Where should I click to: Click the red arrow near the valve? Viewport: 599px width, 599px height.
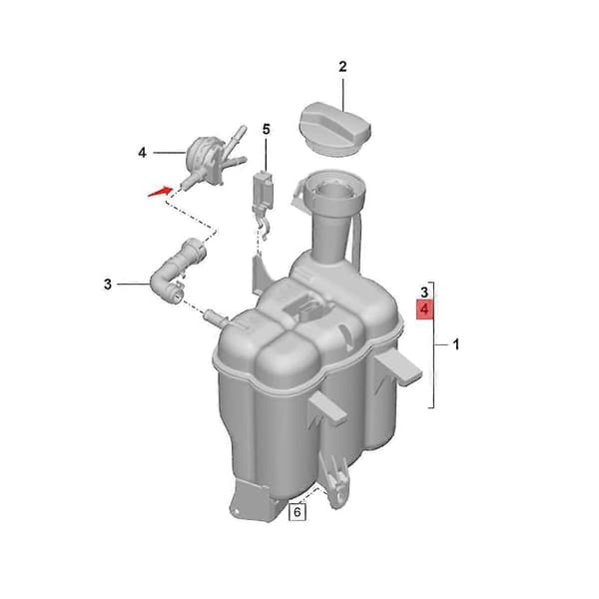[x=160, y=191]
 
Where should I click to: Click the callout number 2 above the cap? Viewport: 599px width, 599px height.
[x=342, y=67]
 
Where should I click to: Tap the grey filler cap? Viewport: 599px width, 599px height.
[x=334, y=129]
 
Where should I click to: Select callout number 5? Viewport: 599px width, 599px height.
[x=267, y=130]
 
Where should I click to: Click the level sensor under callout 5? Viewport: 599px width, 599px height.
[x=263, y=199]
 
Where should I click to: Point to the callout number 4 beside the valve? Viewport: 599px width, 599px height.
[x=142, y=153]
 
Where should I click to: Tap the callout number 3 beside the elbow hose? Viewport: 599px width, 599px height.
[x=108, y=285]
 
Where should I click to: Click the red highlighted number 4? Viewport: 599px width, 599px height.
[x=425, y=309]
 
